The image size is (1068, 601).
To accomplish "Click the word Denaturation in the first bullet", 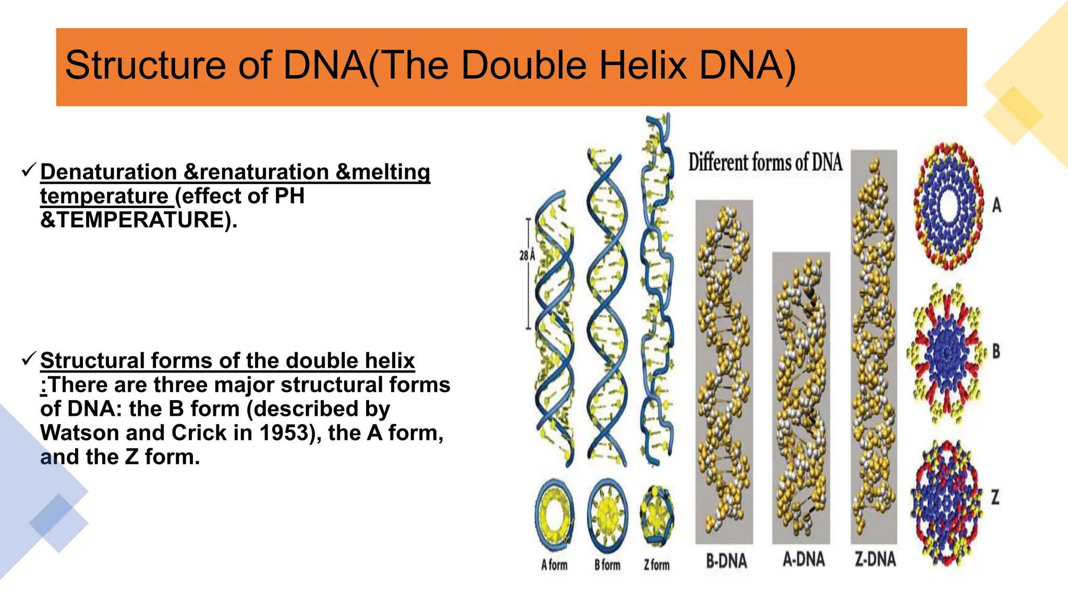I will click(108, 172).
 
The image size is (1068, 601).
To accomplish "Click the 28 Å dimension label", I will click(527, 255).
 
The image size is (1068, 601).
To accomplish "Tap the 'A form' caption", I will click(554, 564).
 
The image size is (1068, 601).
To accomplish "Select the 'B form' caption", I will click(608, 564).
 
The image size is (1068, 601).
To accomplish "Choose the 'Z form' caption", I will click(657, 564).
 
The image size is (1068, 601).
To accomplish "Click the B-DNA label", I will click(726, 561).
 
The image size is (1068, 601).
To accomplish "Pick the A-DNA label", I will click(804, 559).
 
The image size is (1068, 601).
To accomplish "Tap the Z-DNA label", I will click(875, 559).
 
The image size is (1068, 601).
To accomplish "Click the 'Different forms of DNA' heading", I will click(765, 162).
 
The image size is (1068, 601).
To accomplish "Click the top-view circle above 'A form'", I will click(554, 514).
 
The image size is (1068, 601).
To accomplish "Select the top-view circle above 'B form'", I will click(608, 514).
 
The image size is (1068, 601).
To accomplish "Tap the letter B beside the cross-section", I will click(996, 351).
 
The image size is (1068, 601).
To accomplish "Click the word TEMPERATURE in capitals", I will click(141, 220).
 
